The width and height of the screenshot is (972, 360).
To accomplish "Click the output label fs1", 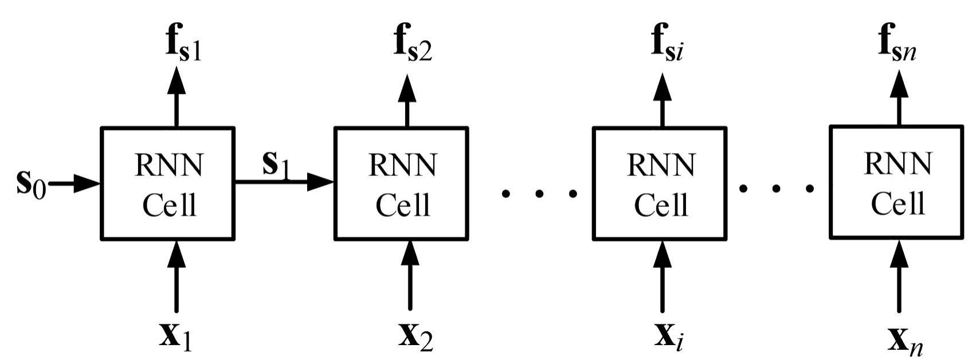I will point(183,44).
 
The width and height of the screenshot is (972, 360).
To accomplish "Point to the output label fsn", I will point(897,44).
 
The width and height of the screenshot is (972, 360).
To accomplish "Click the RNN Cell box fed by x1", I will point(168,183).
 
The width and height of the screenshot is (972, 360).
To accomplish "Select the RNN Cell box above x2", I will point(401,183).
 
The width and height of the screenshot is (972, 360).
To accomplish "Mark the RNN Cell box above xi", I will point(660,183).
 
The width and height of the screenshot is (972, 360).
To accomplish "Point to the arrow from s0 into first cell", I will point(75,185).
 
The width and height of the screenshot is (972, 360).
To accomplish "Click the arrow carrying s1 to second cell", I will point(284,183).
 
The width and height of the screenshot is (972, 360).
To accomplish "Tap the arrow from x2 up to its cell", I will point(409,275).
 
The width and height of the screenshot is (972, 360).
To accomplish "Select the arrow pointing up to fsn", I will point(897,97).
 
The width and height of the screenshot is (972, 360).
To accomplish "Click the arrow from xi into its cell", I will point(663,275).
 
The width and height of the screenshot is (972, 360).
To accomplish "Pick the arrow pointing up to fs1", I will point(177,97).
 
